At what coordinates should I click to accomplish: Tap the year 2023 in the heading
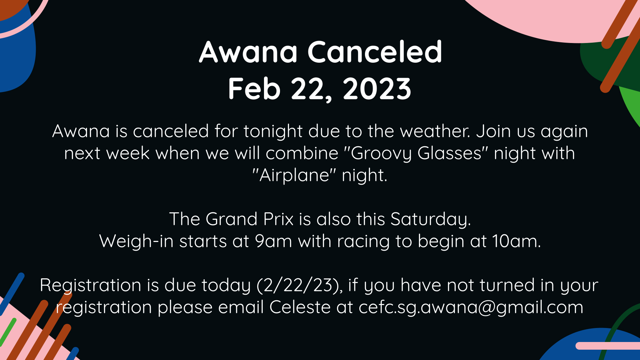[x=377, y=89]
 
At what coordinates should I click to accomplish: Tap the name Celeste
[x=300, y=307]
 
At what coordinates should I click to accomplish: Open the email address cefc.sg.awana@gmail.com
[x=471, y=307]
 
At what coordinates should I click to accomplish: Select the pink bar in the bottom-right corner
[x=608, y=346]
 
